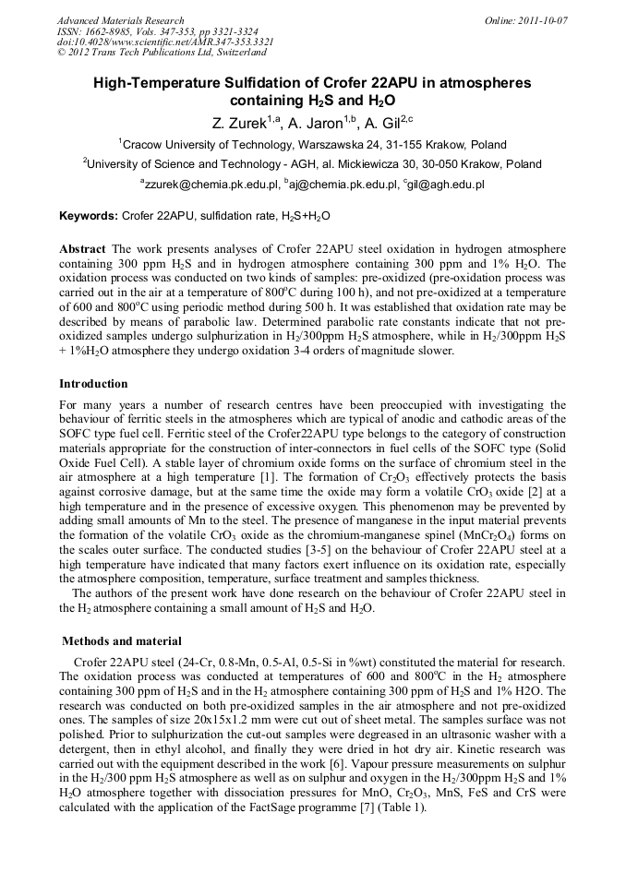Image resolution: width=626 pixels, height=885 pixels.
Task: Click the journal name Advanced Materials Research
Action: coord(120,20)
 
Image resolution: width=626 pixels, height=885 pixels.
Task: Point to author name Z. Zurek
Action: coord(237,122)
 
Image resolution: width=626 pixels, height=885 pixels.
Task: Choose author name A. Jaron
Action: coord(314,122)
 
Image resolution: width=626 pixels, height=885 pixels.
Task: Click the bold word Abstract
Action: coord(83,250)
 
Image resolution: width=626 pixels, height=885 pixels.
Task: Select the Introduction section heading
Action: coord(93,383)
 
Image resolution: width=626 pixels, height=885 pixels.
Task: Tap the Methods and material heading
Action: coord(121,641)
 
